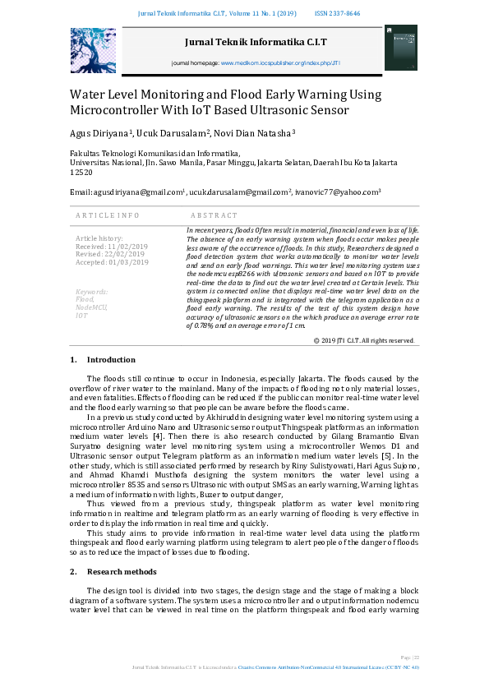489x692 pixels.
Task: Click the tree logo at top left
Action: coord(93,50)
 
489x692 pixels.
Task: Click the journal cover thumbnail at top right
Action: coord(401,48)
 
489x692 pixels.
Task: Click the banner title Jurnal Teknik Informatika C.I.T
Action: coord(245,41)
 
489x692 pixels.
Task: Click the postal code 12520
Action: coord(81,173)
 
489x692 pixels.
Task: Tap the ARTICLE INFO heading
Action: coord(107,215)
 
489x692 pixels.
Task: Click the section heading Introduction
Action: coord(111,360)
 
